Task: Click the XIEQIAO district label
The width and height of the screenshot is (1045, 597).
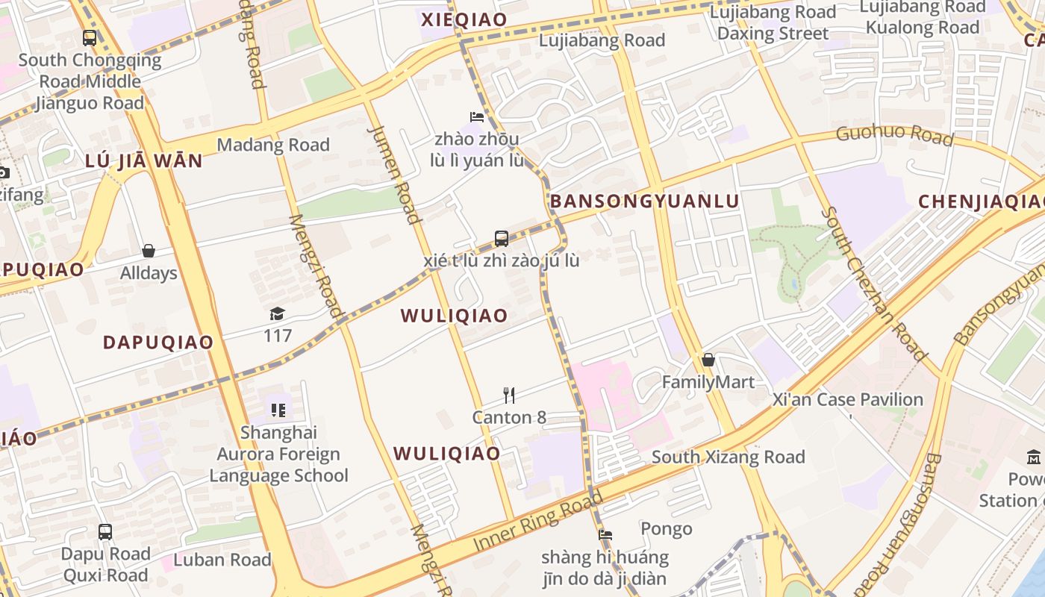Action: tap(464, 20)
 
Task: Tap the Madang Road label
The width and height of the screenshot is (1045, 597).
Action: tap(273, 145)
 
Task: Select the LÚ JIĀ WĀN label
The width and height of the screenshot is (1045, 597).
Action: tap(144, 161)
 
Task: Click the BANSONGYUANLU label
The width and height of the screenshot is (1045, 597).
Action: tap(644, 201)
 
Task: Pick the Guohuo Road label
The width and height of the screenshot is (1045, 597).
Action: tap(894, 134)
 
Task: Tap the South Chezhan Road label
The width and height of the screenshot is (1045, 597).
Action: tap(873, 284)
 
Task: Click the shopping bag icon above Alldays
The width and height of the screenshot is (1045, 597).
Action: tap(149, 251)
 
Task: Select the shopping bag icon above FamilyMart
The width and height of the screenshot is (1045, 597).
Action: tap(708, 360)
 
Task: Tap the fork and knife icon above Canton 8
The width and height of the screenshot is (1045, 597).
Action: tap(509, 395)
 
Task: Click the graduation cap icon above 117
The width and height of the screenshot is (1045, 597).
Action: tap(277, 313)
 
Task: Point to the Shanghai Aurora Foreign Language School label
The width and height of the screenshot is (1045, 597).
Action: tap(278, 454)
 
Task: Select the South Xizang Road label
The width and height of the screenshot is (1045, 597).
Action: tap(728, 457)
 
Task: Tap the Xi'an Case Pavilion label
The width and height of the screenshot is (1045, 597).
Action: tap(849, 399)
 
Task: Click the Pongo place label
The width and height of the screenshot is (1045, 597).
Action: tap(667, 529)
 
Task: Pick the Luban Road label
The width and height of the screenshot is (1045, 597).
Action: tap(222, 560)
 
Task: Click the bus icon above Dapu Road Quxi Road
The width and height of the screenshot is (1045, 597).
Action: tap(105, 532)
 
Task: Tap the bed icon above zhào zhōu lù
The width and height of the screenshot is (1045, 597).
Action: tap(477, 116)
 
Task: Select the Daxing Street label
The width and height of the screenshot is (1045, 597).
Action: tap(773, 34)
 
